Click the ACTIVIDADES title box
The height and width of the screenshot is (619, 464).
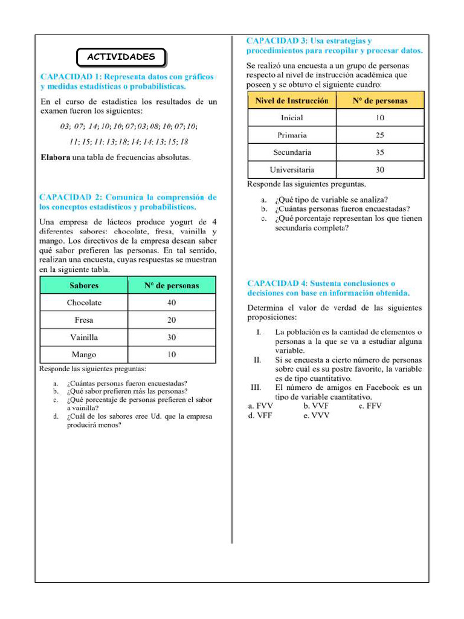(x=121, y=57)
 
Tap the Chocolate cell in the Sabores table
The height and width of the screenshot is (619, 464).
(x=84, y=303)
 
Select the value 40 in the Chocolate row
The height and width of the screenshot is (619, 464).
(x=172, y=303)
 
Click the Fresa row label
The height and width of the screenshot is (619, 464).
(x=84, y=320)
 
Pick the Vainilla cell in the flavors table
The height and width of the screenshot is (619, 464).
(x=84, y=337)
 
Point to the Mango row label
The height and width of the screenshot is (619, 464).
(x=84, y=355)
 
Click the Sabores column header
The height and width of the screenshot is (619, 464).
(x=84, y=286)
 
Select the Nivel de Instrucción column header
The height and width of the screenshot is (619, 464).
(x=292, y=101)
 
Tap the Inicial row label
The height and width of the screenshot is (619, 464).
(x=292, y=118)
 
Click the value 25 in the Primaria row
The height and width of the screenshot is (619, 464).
(x=379, y=135)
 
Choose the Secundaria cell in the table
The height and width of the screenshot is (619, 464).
(x=292, y=152)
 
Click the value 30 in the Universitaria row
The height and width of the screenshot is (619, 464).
(x=379, y=170)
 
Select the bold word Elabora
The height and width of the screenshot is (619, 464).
(x=55, y=158)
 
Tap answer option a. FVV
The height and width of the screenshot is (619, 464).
(x=260, y=406)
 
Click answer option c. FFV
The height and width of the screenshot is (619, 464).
(x=370, y=406)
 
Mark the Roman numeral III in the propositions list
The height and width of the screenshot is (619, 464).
(x=256, y=387)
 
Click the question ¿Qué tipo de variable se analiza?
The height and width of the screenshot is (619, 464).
(x=331, y=199)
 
